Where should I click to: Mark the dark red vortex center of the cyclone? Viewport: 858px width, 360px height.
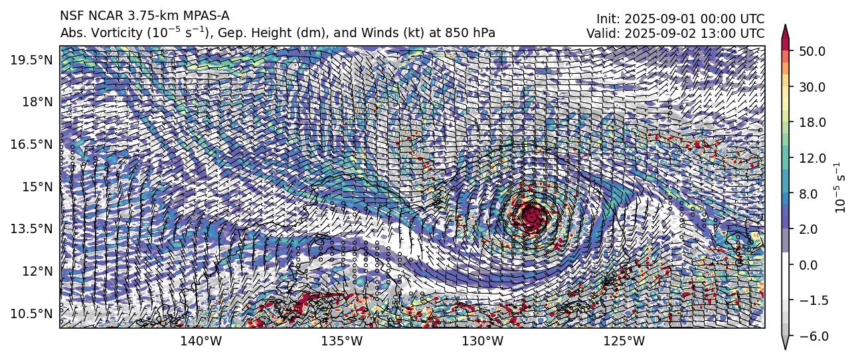click(533, 215)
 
